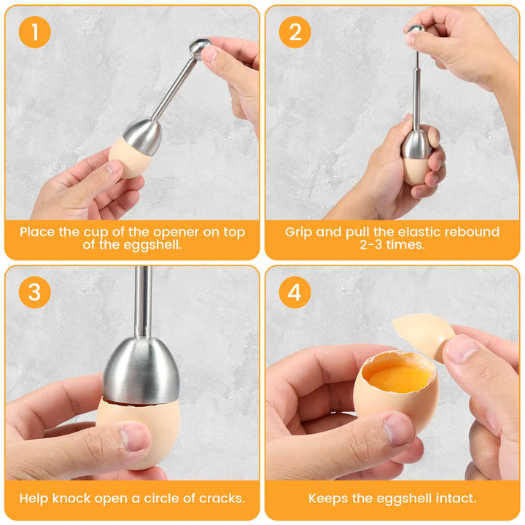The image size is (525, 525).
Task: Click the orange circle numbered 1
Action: click(x=35, y=32)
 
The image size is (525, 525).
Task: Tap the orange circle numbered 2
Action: click(x=295, y=32)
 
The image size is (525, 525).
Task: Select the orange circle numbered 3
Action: click(x=35, y=292)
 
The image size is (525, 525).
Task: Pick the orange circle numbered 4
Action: click(x=295, y=292)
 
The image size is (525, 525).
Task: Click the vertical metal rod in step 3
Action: click(x=144, y=301)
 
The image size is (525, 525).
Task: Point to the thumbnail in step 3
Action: click(x=136, y=437)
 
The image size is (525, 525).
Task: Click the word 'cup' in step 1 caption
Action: click(x=94, y=233)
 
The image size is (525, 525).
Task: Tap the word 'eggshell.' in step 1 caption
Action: click(x=152, y=245)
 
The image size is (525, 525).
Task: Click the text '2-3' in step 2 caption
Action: click(x=371, y=245)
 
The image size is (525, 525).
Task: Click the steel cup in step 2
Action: click(x=416, y=144)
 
